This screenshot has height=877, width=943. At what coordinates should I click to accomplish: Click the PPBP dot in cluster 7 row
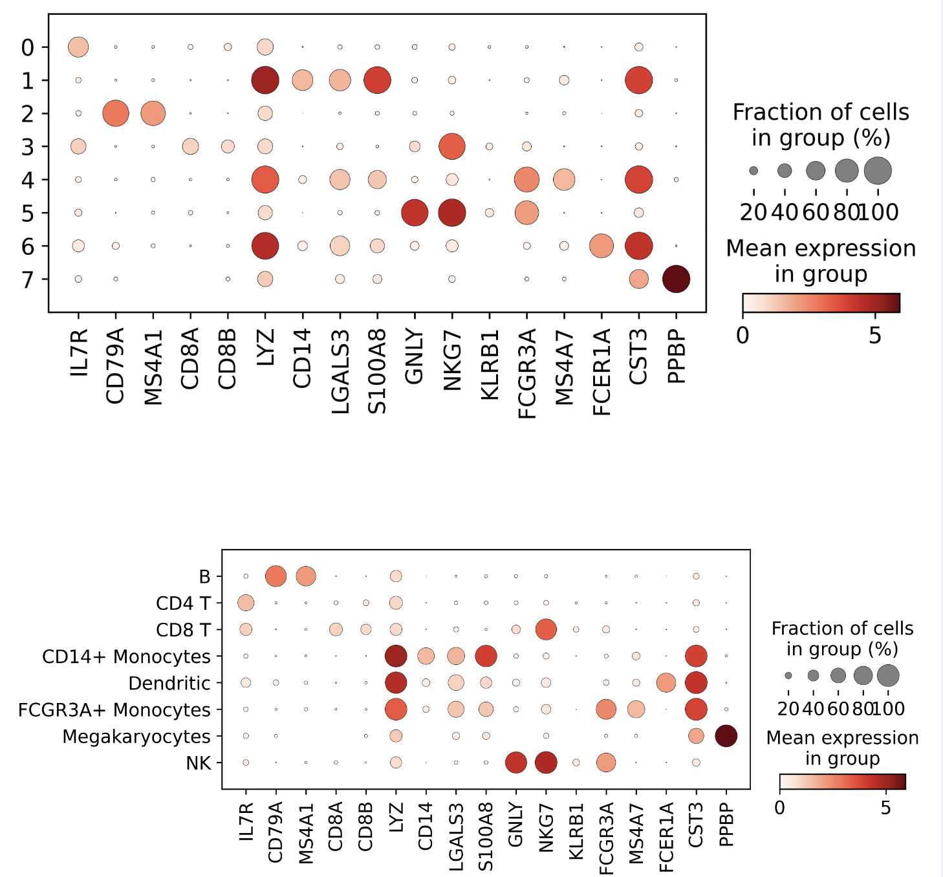coord(676,279)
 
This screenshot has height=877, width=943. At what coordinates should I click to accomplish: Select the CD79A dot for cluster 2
coord(116,113)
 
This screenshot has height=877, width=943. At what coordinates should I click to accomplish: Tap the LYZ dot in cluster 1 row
coord(265,80)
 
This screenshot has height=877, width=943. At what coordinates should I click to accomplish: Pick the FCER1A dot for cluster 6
coord(602,246)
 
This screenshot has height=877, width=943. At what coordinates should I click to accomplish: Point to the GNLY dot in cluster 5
coord(415,213)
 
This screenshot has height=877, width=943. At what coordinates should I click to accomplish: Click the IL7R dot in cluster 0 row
coord(78,47)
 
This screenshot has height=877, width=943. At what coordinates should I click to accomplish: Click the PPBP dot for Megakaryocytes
coord(726,736)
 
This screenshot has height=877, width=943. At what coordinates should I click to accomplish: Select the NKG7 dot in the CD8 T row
coord(547,629)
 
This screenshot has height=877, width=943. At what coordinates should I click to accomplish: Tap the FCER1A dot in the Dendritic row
coord(666,682)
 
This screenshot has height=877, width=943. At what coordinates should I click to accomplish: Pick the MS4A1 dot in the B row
coord(306,576)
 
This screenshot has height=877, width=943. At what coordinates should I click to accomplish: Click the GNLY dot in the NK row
coord(516,763)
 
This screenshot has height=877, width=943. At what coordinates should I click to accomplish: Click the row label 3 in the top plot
coord(27,147)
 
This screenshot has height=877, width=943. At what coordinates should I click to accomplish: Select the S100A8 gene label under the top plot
coord(377,371)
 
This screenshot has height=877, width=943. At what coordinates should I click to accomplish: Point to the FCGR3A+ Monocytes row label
coord(114,709)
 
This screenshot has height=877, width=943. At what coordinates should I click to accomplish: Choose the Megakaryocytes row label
coord(136,736)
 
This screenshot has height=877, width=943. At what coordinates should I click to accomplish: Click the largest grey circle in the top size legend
coord(878,171)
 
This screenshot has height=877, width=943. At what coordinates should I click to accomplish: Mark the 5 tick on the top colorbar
coord(874,335)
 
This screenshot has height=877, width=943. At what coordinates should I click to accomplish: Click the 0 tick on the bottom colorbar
coord(780,807)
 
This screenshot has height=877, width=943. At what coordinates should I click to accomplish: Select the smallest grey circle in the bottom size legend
coord(788,676)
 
